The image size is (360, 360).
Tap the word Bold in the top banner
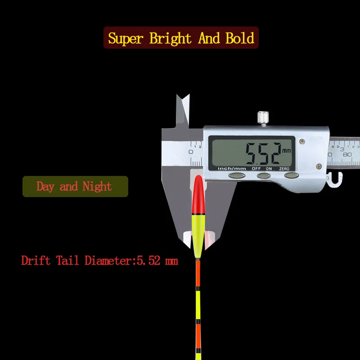click(240, 38)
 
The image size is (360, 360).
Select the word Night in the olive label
click(96, 186)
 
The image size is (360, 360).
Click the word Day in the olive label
click(45, 186)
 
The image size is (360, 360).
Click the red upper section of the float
click(198, 193)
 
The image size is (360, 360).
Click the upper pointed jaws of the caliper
click(183, 110)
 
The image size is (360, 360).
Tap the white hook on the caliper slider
click(333, 180)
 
